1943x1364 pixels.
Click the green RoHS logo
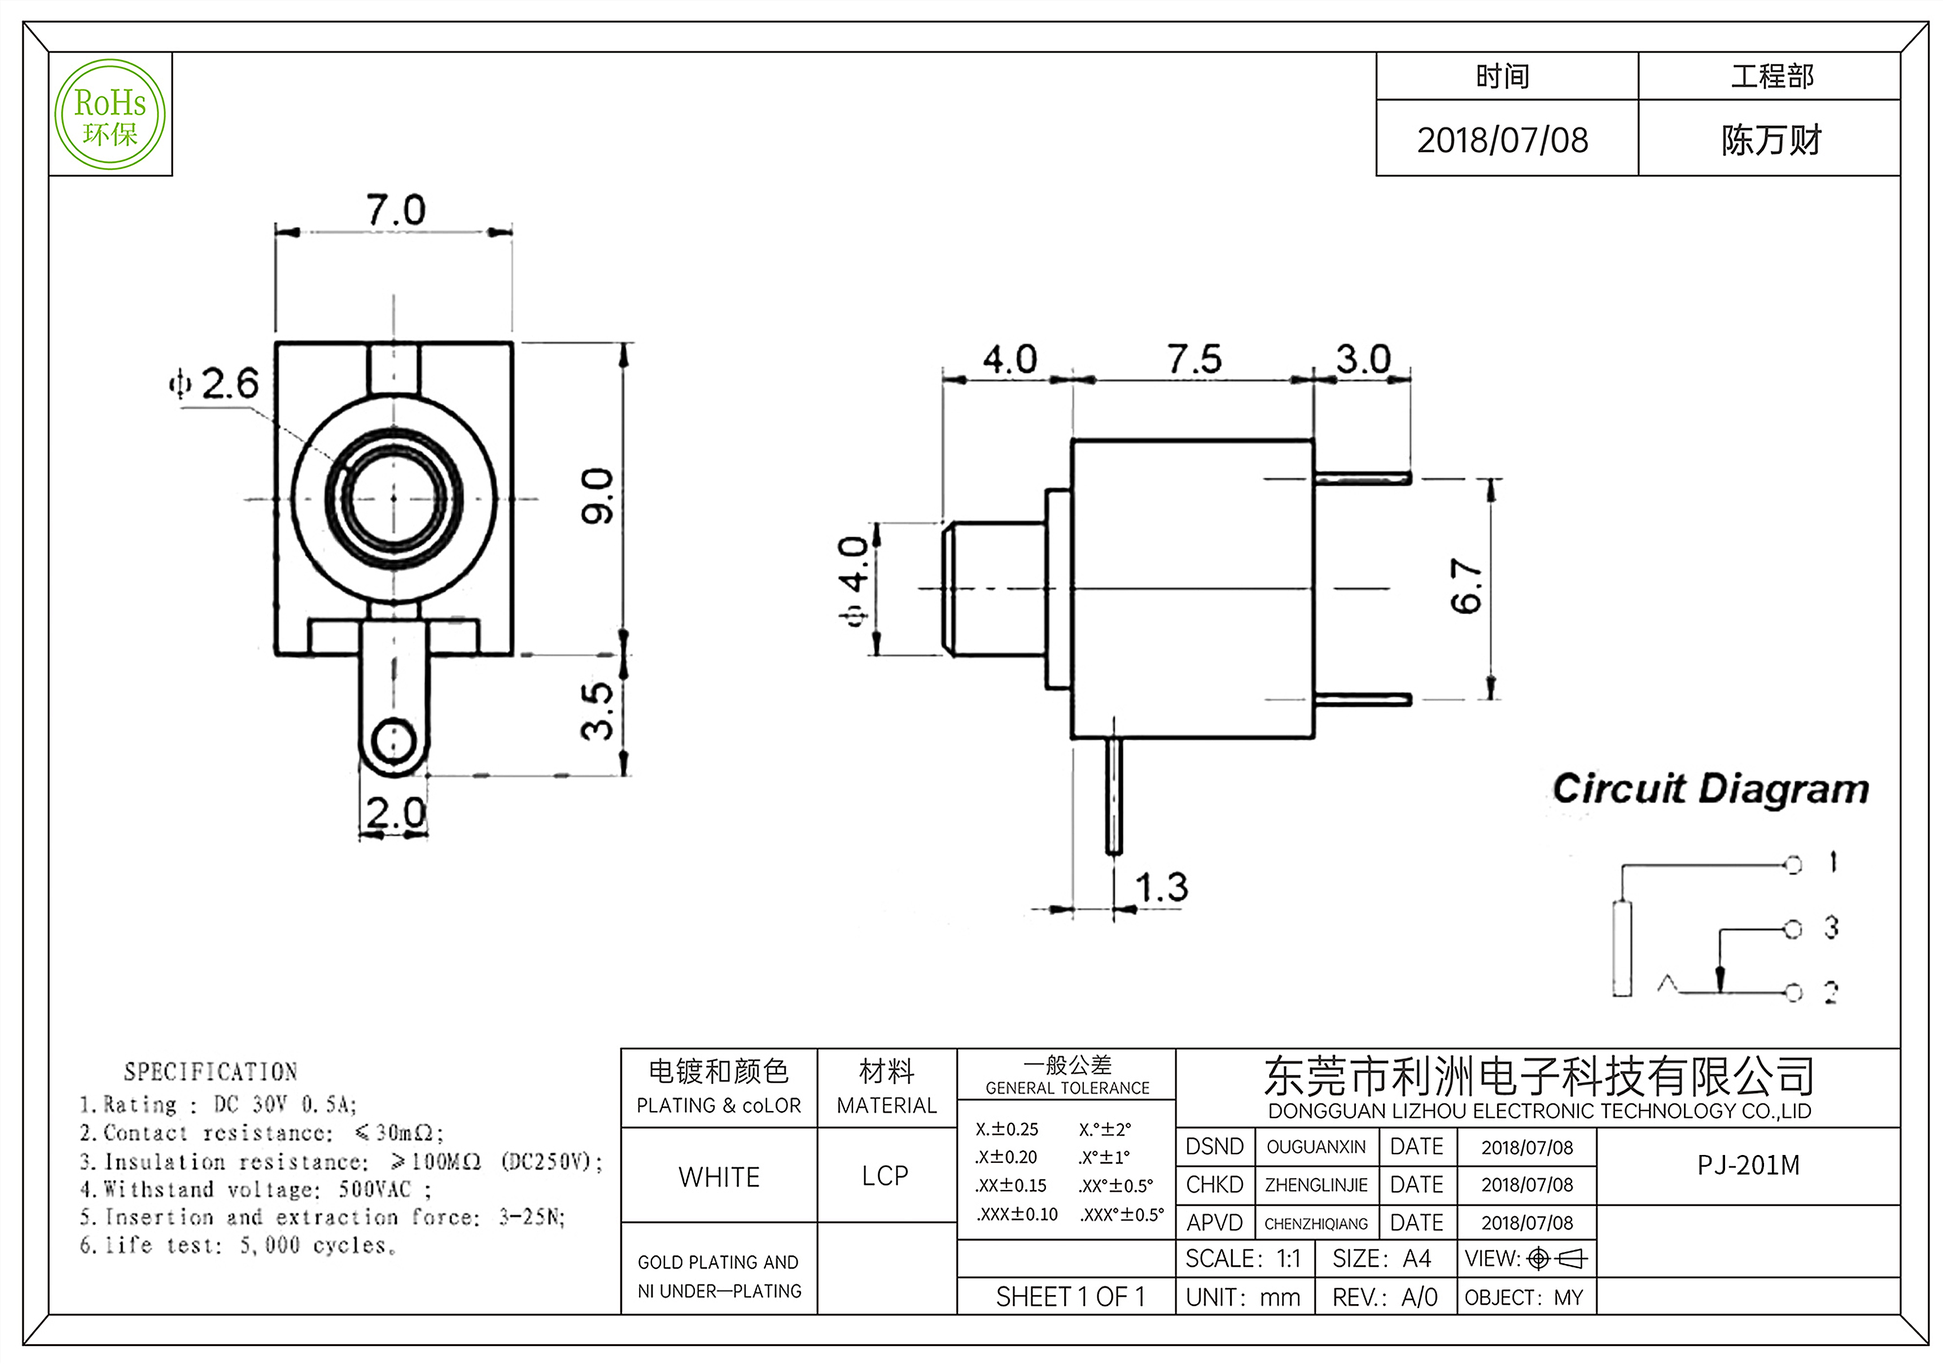pos(110,114)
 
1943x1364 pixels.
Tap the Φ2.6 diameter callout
pos(215,384)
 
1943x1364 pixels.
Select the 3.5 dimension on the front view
pos(597,711)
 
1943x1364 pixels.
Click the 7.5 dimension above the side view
pos(1194,359)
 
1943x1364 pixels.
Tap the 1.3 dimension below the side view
pos(1161,887)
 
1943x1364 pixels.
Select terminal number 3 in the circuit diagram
pos(1831,927)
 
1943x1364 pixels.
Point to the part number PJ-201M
pos(1748,1166)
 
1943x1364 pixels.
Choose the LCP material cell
pos(885,1176)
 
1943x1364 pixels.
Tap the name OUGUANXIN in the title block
pos(1316,1147)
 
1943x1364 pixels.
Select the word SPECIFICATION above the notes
pos(211,1072)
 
